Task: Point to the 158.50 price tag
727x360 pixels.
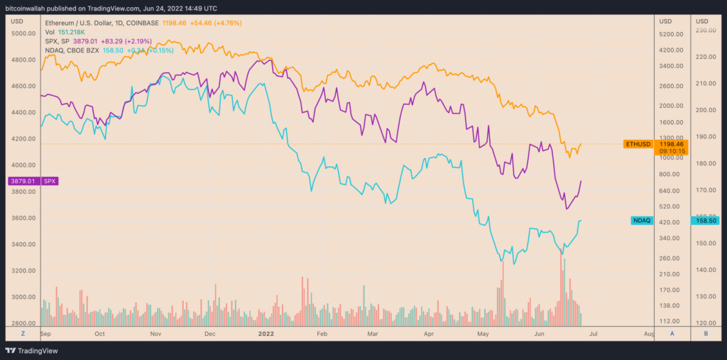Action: pos(706,221)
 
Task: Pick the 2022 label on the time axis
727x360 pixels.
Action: pos(266,332)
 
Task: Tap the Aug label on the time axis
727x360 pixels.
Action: pos(648,332)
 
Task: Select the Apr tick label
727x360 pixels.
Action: pos(428,332)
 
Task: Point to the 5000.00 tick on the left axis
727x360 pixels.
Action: pos(23,33)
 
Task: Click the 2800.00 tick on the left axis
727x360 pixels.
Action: pos(23,323)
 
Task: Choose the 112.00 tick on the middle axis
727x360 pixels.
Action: pos(672,321)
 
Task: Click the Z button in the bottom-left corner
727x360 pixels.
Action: pos(23,332)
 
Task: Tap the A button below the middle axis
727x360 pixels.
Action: pos(671,332)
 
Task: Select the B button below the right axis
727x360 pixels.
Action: pos(706,332)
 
